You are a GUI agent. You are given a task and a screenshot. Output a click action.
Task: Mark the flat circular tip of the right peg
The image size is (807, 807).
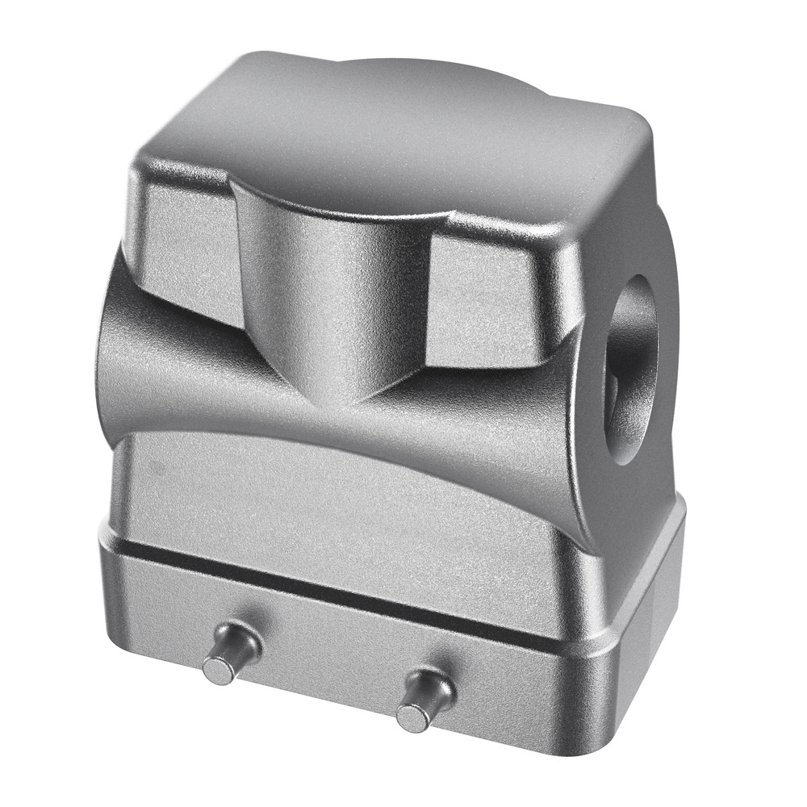412,715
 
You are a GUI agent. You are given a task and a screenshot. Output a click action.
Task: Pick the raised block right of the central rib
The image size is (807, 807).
492,299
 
